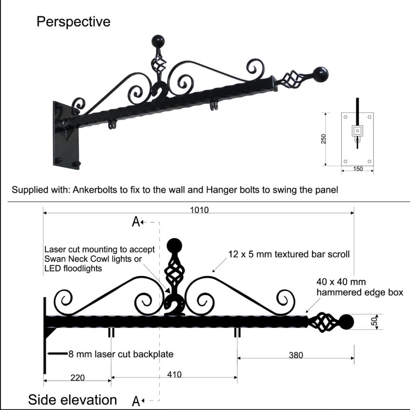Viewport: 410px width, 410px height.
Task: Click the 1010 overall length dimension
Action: coord(199,210)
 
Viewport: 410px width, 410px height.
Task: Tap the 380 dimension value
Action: coord(296,355)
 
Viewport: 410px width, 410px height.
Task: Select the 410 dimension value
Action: coord(174,374)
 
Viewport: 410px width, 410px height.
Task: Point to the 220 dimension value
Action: coord(78,377)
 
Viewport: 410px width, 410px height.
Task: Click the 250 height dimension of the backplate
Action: coord(324,139)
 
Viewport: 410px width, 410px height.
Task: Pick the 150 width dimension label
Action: coord(358,169)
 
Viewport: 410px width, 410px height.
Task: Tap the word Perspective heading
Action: coord(73,21)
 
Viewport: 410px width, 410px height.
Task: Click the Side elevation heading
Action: coord(72,399)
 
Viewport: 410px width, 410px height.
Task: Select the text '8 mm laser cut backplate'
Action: coord(120,354)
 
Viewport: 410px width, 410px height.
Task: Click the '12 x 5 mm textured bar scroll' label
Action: coord(289,254)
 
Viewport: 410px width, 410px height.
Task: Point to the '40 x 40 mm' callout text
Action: coord(341,282)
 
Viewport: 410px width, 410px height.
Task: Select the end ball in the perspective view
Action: coord(320,74)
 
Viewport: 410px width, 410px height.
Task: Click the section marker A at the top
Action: coord(136,221)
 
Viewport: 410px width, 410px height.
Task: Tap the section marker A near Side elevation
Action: coord(136,400)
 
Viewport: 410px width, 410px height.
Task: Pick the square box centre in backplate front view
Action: coord(357,131)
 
